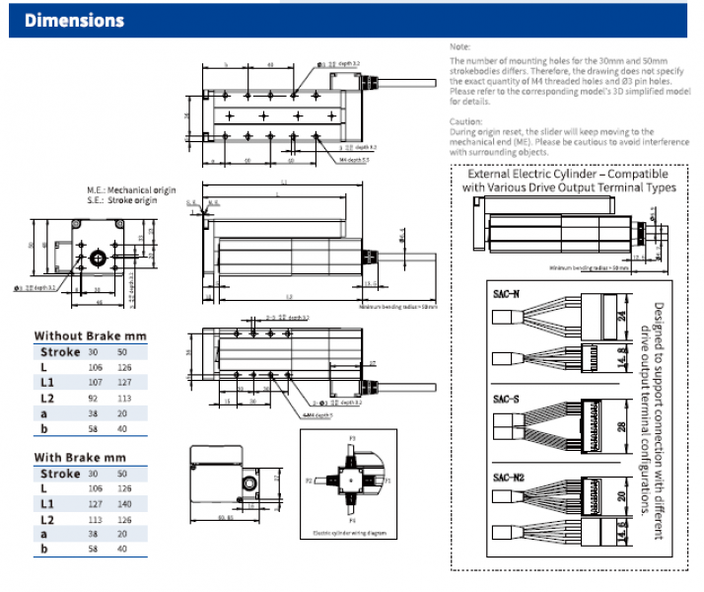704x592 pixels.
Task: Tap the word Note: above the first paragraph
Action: pyautogui.click(x=459, y=46)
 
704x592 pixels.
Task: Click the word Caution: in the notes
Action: pyautogui.click(x=465, y=120)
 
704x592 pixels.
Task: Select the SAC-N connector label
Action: pyautogui.click(x=506, y=293)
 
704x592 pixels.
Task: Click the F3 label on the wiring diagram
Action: pyautogui.click(x=352, y=435)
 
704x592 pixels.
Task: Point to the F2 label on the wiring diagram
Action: pyautogui.click(x=308, y=481)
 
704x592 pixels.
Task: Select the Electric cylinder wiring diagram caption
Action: pyautogui.click(x=355, y=533)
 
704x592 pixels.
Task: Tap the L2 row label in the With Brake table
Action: pyautogui.click(x=47, y=518)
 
